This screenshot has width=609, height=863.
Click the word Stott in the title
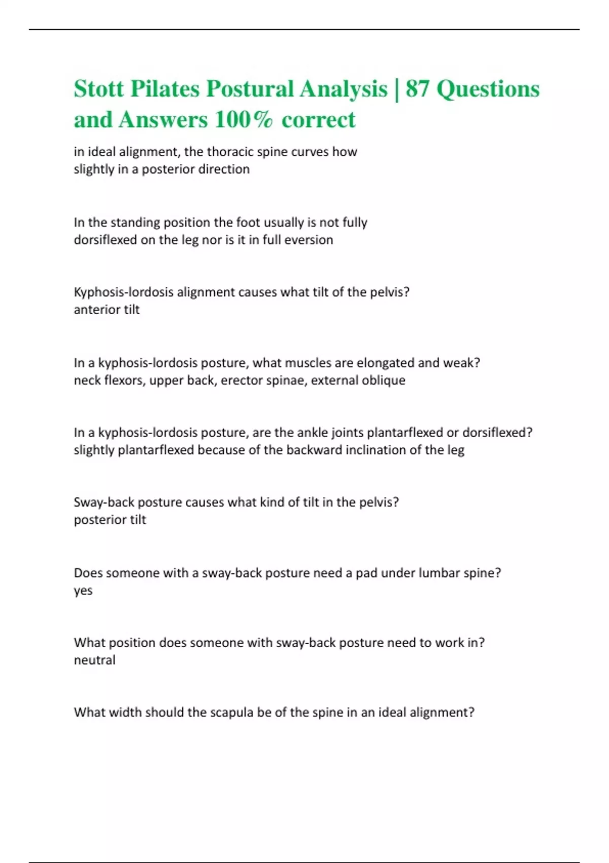pos(98,89)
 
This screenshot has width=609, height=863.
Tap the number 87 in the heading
pos(417,89)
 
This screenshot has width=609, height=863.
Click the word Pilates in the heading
pos(165,89)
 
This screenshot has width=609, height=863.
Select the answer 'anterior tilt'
pos(107,310)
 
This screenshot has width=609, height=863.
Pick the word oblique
pos(384,380)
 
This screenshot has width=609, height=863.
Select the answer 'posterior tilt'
pos(110,520)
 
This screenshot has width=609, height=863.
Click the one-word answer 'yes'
pos(83,591)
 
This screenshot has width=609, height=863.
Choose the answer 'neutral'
pos(94,660)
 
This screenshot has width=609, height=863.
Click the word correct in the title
pos(319,120)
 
